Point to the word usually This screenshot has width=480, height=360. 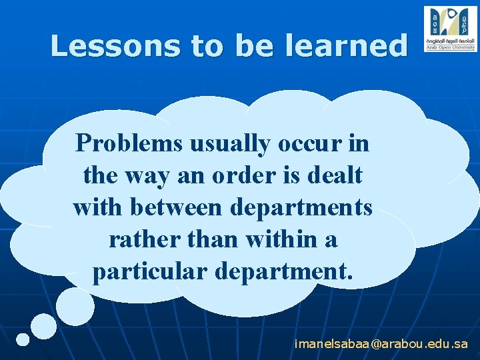(x=228, y=144)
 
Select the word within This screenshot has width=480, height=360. (x=268, y=239)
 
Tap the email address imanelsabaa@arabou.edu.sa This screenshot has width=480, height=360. (x=381, y=344)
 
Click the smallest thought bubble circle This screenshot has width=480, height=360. (x=23, y=339)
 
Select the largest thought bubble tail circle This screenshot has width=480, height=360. (x=75, y=306)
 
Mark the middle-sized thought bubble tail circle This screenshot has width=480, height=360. (x=44, y=326)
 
